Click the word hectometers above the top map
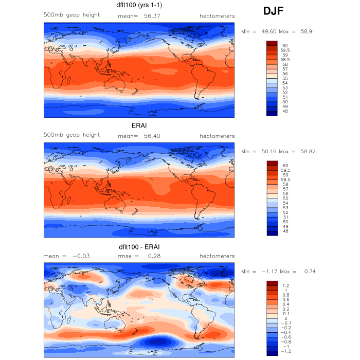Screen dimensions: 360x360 click(x=217, y=16)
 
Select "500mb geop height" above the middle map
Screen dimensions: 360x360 click(x=71, y=135)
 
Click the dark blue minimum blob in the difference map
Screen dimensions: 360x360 click(x=158, y=341)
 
